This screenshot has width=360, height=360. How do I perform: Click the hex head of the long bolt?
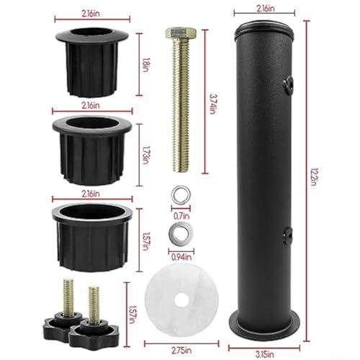click(181, 34)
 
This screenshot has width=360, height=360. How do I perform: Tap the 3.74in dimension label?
click(213, 104)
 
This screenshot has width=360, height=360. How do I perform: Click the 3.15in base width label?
click(264, 354)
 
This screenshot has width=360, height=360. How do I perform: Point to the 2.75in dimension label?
click(181, 351)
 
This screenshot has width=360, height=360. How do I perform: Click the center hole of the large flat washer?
click(181, 300)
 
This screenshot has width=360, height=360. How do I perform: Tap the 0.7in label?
click(181, 216)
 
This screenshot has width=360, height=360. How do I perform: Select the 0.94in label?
click(181, 257)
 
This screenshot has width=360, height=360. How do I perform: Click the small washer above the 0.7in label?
click(181, 195)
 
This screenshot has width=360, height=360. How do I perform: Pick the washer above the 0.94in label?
click(181, 233)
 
